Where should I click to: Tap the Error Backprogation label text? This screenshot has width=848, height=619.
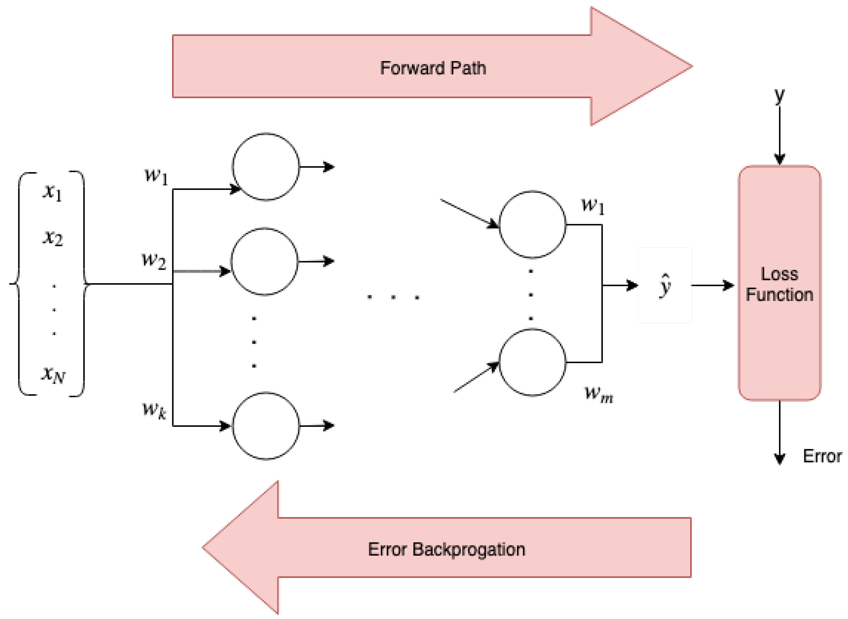pos(447,549)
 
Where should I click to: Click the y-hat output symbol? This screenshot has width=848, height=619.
pos(665,286)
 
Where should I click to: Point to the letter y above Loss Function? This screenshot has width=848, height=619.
pos(779,96)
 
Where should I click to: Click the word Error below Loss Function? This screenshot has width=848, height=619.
pos(822,456)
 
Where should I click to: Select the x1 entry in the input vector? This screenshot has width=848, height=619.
pos(52,192)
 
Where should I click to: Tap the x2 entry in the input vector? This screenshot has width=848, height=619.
pos(52,238)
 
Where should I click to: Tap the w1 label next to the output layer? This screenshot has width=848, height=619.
pos(593,206)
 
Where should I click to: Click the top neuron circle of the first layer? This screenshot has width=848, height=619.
pos(265,167)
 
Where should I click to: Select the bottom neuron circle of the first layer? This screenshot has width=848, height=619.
pos(265,426)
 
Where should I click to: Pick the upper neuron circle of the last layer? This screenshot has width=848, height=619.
pos(532,224)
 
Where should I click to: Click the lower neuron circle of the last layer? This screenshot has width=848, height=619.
pos(532,362)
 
